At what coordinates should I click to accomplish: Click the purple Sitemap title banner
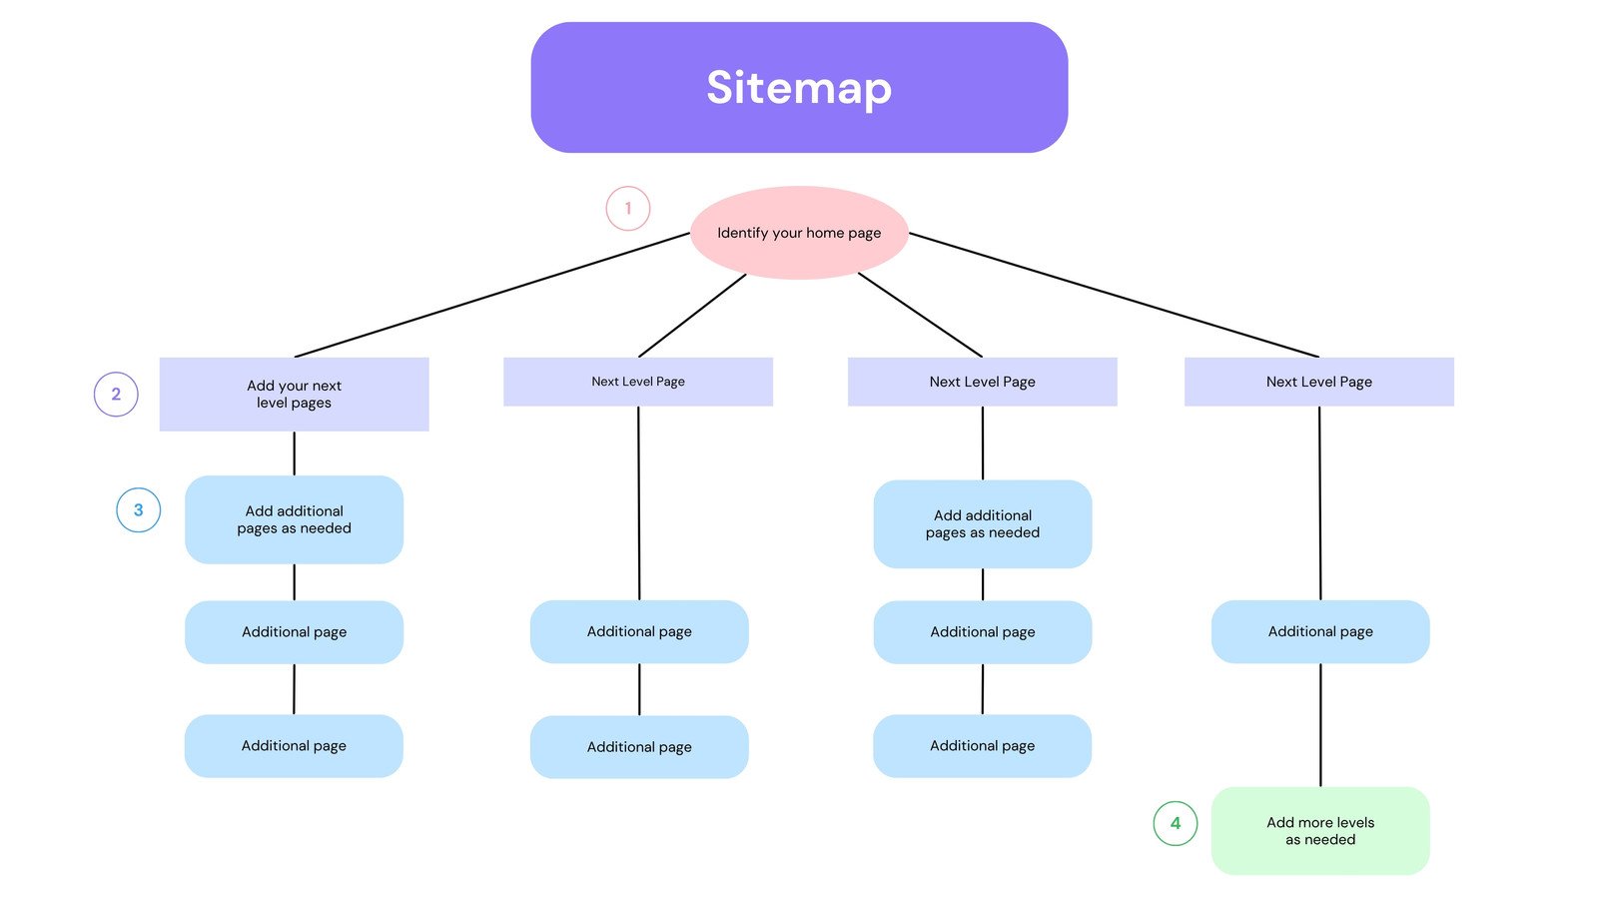coord(799,88)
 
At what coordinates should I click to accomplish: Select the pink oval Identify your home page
coord(799,233)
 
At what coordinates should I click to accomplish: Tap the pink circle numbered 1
coord(628,209)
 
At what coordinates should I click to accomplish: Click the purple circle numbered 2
coord(116,394)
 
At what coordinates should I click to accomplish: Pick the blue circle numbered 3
coord(139,509)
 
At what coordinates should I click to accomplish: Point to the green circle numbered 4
coord(1176,823)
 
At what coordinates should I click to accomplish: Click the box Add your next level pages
coord(294,395)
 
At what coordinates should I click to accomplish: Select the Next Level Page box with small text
coord(638,382)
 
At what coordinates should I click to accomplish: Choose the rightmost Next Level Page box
coord(1318,382)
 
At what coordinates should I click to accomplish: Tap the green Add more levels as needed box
coord(1320,831)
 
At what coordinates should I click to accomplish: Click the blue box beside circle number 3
coord(294,519)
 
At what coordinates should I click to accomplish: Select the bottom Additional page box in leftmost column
coord(294,746)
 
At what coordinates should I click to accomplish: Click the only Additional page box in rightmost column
coord(1320,631)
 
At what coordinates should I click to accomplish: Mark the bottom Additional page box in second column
coord(639,747)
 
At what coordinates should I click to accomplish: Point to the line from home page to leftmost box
coord(489,296)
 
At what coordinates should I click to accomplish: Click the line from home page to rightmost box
coord(1114,296)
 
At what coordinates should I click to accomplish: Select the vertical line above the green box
coord(1320,724)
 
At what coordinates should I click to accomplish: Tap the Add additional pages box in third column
coord(983,524)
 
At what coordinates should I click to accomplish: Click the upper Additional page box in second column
coord(639,631)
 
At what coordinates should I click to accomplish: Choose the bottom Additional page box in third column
coord(983,746)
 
